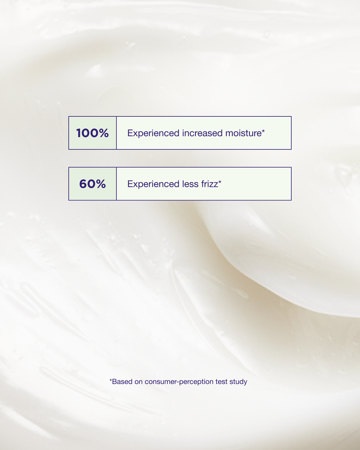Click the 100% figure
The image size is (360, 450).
tap(92, 133)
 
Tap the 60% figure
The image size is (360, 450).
tap(92, 184)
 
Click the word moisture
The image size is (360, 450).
tap(243, 133)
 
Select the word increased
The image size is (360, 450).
tap(202, 133)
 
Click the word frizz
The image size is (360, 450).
tap(209, 184)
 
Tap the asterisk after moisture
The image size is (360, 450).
tap(263, 131)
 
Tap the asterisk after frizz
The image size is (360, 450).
tap(220, 182)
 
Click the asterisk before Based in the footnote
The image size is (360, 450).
tap(111, 380)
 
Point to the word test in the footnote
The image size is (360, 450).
tap(221, 382)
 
